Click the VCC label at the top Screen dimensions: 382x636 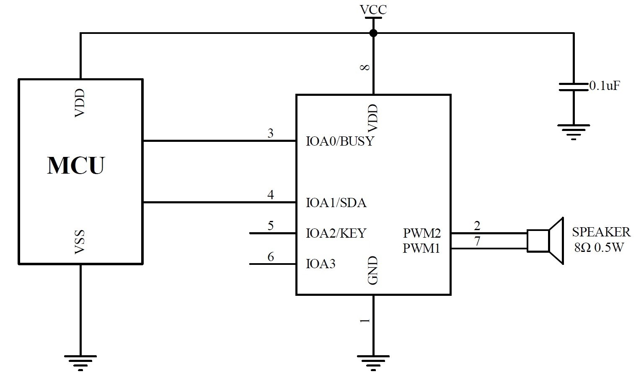pos(373,9)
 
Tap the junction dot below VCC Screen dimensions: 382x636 pos(373,33)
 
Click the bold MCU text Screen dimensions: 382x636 pos(75,165)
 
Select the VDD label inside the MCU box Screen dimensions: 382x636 pos(80,103)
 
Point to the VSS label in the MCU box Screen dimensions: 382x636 pos(80,242)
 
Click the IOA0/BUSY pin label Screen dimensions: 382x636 pos(340,141)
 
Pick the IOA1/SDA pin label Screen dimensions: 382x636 pos(336,203)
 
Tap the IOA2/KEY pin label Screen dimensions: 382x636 pos(336,233)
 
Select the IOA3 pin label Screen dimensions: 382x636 pos(321,264)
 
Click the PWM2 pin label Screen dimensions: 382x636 pos(421,233)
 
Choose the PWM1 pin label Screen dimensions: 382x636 pos(421,249)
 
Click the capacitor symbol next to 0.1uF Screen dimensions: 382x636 pos(573,87)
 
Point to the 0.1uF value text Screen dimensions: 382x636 pos(605,86)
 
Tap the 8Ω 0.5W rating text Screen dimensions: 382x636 pos(599,247)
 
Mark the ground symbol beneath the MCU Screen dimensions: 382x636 pos(80,362)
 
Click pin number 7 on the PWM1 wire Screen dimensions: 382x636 pos(477,241)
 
